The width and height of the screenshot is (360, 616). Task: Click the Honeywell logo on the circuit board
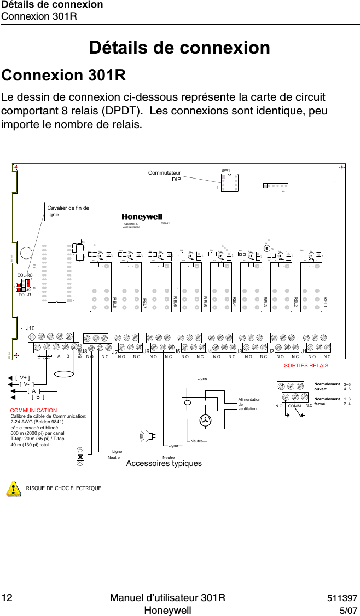tap(142, 216)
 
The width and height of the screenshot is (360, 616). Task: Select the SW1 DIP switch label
tap(226, 171)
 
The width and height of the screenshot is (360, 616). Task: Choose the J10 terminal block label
tap(31, 328)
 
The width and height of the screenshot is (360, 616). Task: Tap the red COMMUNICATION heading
tap(34, 410)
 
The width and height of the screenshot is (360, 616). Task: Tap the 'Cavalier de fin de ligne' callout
tap(68, 211)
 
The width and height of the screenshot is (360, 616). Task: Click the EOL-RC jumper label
tap(25, 276)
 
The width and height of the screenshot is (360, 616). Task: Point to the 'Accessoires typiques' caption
tap(164, 463)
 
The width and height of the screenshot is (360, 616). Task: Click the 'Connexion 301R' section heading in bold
tap(65, 74)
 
